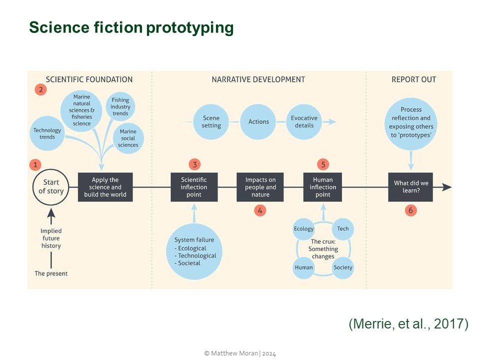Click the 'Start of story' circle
51,187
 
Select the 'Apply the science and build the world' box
105,187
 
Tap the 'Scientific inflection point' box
194,187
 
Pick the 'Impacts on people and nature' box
260,187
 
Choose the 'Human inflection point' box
323,187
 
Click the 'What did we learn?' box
410,187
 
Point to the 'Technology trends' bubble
47,133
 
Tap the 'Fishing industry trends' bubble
120,107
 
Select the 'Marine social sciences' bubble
128,138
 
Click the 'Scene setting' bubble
211,122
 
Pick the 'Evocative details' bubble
304,122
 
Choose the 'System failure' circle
194,252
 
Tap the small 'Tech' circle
343,229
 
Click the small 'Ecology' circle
303,229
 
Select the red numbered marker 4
259,210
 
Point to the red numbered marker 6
410,210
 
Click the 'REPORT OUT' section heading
413,79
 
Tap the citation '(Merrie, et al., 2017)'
408,324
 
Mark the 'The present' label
51,273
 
